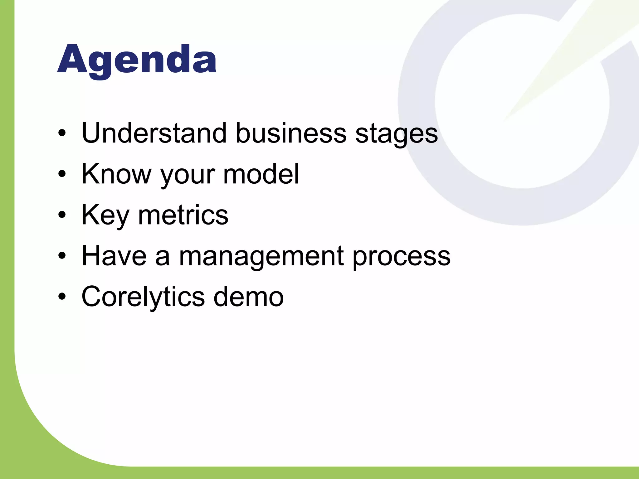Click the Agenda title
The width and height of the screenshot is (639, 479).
137,60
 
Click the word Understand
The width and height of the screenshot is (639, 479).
154,133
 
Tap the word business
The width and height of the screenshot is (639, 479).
290,133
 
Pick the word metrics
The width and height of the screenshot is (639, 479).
183,215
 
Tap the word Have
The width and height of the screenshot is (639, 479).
114,256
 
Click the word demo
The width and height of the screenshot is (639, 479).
248,297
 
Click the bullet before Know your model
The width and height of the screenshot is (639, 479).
62,174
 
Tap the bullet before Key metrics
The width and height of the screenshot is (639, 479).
62,215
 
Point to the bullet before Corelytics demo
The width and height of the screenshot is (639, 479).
62,297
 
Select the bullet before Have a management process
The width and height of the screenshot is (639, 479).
62,256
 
